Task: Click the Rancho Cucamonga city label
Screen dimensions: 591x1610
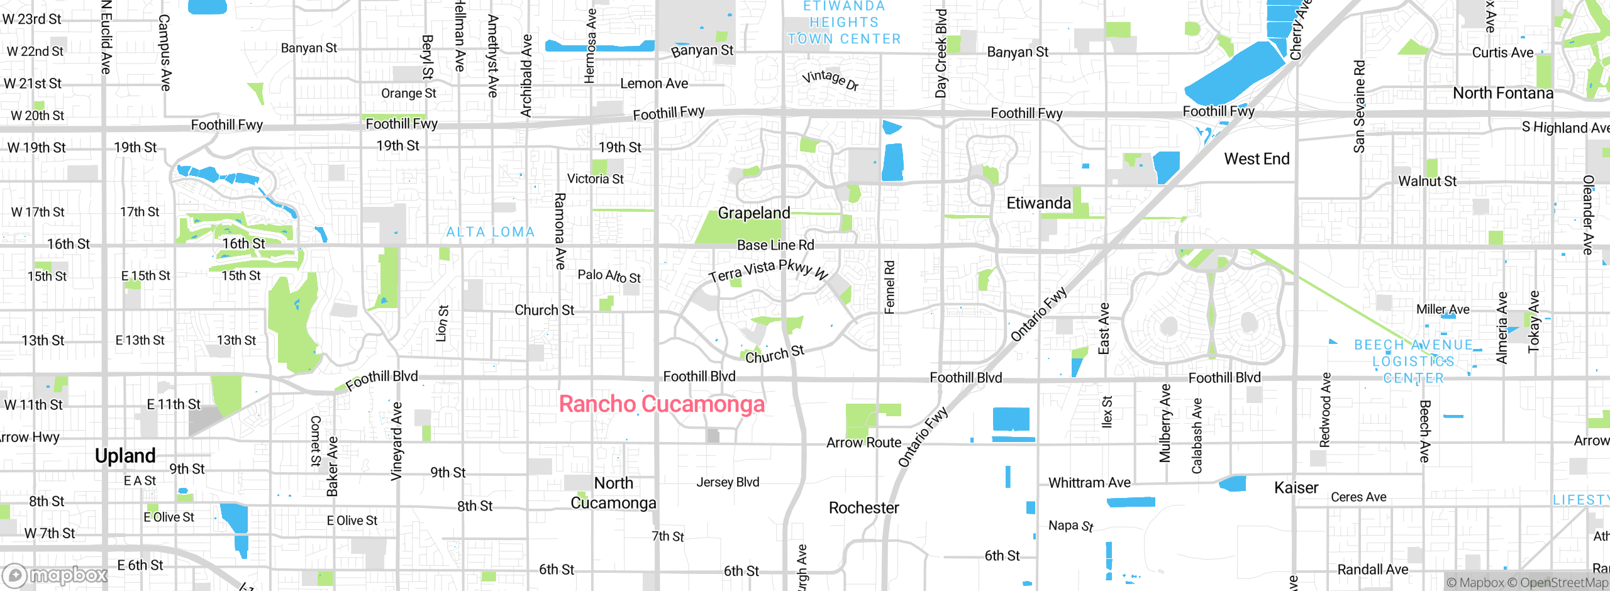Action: pos(662,404)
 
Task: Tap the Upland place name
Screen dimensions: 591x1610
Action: pos(125,455)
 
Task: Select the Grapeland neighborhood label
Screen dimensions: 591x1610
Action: pos(753,213)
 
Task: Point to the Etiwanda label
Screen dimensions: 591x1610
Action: pos(1038,203)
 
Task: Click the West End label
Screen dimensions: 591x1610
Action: pos(1256,159)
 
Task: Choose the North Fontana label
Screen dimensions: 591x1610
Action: pos(1502,94)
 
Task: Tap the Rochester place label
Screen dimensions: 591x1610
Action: pos(863,507)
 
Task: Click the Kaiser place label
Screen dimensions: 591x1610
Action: pos(1296,487)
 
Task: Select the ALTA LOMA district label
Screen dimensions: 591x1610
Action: pos(490,232)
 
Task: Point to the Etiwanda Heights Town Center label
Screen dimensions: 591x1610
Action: pos(844,23)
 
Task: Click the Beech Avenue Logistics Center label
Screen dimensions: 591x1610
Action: pos(1413,362)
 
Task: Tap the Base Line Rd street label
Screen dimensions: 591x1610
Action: pos(775,245)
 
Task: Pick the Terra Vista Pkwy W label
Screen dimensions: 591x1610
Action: pos(767,270)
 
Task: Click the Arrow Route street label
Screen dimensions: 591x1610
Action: pos(863,443)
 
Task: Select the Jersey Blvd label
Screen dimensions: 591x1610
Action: pos(728,482)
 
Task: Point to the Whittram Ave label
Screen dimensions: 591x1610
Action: pos(1089,482)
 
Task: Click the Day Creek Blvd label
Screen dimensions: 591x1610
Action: pos(941,53)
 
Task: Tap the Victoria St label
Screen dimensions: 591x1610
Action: pos(595,179)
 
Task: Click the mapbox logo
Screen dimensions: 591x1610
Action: pos(55,575)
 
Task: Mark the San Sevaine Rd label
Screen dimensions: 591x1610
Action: pos(1359,106)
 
